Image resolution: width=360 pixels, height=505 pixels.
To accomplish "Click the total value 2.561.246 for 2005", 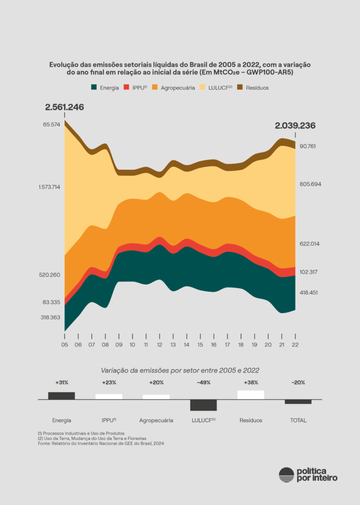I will [64, 107].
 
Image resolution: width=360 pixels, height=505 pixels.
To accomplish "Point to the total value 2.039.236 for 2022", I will [295, 125].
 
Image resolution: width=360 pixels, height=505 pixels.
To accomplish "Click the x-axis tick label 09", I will [119, 345].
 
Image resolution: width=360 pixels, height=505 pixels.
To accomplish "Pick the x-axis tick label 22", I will [295, 345].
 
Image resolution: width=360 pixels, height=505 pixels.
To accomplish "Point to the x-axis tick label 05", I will [65, 345].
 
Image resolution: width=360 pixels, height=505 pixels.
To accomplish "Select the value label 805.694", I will [311, 184].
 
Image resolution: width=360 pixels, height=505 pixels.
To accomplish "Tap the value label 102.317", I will [311, 272].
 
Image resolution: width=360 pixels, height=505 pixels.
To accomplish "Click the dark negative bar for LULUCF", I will [204, 405].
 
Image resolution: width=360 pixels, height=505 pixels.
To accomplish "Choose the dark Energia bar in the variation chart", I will [62, 396].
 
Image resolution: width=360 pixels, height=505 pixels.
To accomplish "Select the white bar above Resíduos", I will [251, 395].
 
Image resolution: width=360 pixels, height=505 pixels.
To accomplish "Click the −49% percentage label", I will [203, 382].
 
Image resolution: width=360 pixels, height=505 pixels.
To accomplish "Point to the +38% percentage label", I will [251, 382].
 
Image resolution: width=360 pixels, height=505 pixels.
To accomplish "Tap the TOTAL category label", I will [298, 421].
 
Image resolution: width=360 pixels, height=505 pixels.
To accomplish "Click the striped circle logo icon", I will [286, 474].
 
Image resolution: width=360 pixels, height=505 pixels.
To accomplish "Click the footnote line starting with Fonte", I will [101, 444].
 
